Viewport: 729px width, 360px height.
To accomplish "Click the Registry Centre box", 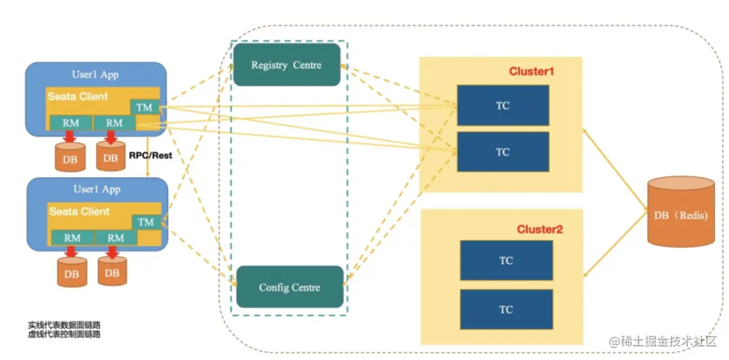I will pos(286,65).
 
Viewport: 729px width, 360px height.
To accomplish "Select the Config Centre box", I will pos(289,287).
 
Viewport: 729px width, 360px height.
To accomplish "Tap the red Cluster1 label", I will pos(531,71).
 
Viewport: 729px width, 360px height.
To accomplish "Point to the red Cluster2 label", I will pos(539,229).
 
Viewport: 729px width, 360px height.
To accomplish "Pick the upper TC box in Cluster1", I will pos(502,105).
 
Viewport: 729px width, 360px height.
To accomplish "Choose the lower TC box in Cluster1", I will pos(502,152).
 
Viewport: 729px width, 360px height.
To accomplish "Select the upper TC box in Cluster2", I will pos(506,260).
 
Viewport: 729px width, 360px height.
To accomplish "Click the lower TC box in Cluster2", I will pos(506,309).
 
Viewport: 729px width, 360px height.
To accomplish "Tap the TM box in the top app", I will pos(144,107).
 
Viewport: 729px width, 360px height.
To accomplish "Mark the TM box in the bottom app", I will pos(146,222).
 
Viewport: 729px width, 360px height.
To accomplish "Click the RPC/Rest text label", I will pos(150,155).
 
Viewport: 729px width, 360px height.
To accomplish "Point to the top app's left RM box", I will pos(71,123).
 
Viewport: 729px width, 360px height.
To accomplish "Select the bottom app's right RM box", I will pos(116,238).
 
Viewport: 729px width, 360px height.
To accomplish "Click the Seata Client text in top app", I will pos(78,97).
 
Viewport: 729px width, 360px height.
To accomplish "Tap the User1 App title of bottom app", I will pos(96,189).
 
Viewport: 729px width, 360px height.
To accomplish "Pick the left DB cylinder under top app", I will pos(70,157).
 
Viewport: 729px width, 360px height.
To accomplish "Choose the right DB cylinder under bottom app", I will pos(112,272).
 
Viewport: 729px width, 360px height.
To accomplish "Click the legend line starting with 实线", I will pos(64,326).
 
